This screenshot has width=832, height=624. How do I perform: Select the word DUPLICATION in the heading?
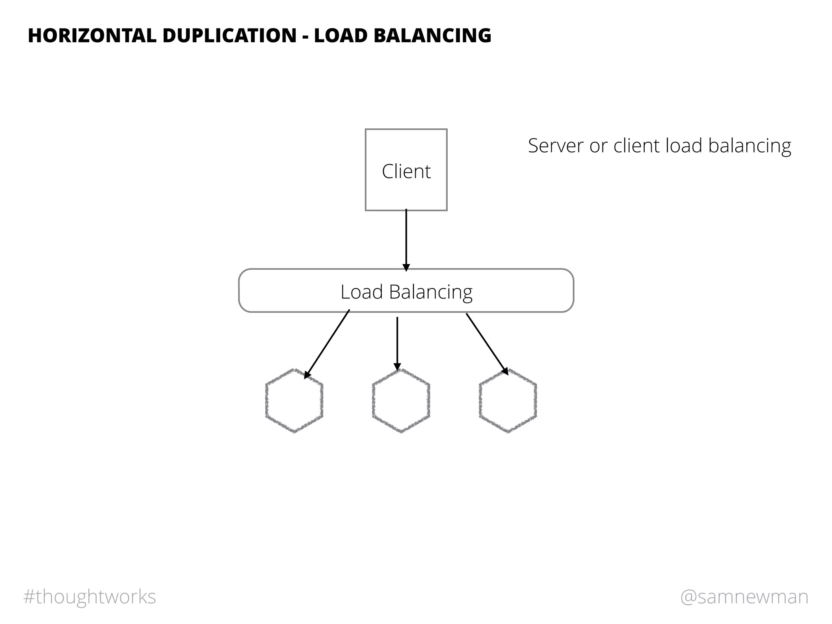pyautogui.click(x=230, y=36)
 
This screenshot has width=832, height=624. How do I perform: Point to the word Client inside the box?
pyautogui.click(x=406, y=171)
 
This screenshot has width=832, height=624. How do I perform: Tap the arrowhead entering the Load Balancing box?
pyautogui.click(x=406, y=267)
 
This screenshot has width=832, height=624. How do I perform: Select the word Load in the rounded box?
pyautogui.click(x=362, y=292)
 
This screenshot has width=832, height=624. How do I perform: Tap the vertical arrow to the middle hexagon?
pyautogui.click(x=397, y=343)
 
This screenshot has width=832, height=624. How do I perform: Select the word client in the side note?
pyautogui.click(x=637, y=146)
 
